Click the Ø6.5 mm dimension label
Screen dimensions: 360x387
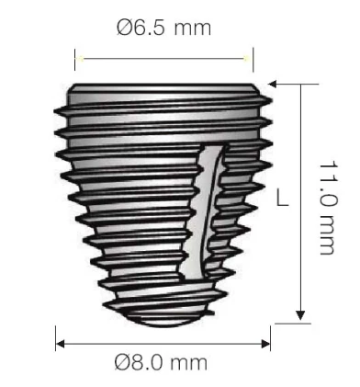coord(163,27)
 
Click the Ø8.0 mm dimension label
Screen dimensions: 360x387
coord(161,362)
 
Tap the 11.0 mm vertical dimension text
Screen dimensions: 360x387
coord(329,208)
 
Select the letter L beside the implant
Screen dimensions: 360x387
coord(283,198)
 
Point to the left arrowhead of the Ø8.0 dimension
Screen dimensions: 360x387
coord(61,344)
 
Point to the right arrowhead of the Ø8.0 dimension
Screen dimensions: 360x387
coord(265,344)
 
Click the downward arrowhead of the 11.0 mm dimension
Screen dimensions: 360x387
coord(300,315)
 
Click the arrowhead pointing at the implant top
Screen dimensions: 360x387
coord(273,84)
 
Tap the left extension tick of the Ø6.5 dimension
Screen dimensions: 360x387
coord(75,59)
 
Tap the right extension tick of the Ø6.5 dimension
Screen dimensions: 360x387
coord(253,60)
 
